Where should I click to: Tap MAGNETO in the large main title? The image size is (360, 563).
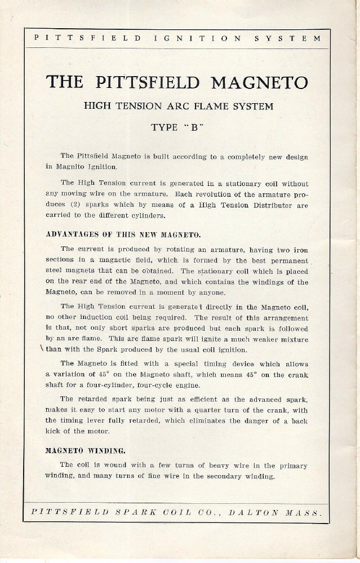260,82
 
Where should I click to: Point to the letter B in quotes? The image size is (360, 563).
193,127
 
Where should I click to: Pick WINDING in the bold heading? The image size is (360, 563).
105,451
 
